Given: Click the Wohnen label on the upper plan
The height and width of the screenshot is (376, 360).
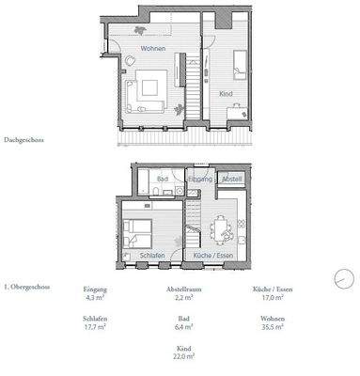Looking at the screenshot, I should tap(151, 47).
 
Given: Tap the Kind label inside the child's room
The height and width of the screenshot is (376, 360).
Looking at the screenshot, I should tap(226, 95).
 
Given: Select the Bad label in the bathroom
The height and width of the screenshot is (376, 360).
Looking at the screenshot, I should tap(163, 178).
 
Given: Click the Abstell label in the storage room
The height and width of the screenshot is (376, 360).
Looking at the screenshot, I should tap(231, 179).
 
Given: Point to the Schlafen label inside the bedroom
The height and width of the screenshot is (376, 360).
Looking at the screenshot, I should tap(153, 256).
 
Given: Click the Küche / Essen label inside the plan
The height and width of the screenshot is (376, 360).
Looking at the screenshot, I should tap(214, 256).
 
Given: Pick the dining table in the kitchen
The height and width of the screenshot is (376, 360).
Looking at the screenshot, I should tap(224, 227).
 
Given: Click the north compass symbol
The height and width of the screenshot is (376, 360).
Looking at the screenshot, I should tap(341, 276).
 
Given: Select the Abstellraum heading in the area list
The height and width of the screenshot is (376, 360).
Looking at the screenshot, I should tap(182, 290).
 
